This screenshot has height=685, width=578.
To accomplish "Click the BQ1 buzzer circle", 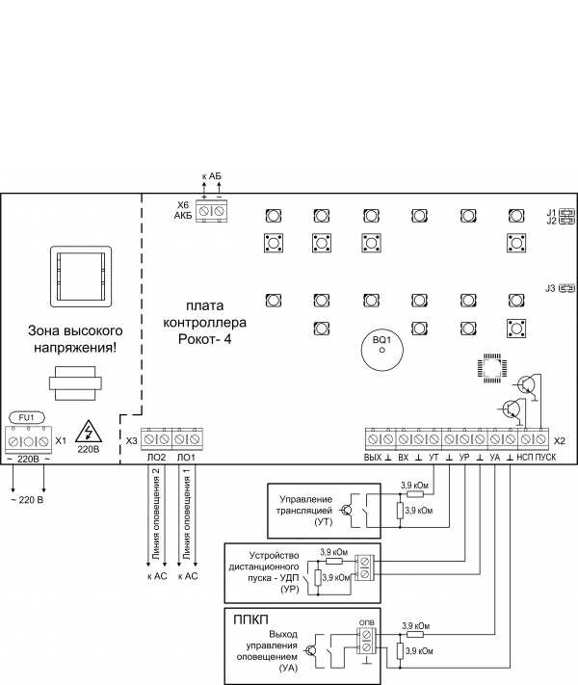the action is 381,350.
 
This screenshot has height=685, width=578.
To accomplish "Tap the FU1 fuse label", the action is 27,417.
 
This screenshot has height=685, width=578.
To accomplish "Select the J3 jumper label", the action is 550,288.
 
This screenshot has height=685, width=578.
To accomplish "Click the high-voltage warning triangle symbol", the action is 89,432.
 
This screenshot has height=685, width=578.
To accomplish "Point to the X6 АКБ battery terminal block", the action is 212,211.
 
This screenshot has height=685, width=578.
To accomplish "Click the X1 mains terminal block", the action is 28,440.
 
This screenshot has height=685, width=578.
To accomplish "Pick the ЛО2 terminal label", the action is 156,458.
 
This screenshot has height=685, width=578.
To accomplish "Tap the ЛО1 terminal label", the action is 186,458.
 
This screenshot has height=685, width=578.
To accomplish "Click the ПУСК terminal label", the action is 545,458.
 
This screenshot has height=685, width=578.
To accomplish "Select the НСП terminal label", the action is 525,458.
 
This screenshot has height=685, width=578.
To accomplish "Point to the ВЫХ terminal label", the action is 373,458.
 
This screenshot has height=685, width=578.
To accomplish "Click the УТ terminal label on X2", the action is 433,458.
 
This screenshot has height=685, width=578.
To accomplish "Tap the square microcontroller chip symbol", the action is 492,368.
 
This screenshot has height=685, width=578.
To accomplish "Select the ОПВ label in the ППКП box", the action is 366,622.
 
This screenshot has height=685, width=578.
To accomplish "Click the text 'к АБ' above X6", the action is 212,176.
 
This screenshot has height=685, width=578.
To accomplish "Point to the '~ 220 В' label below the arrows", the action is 27,500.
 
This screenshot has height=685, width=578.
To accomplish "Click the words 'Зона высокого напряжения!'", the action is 75,339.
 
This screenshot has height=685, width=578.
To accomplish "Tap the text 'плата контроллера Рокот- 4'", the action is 204,323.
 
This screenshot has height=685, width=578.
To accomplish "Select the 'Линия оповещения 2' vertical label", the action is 156,514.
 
